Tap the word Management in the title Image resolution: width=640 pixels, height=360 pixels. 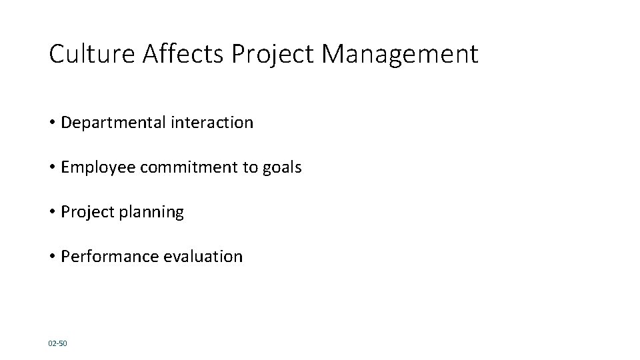click(400, 54)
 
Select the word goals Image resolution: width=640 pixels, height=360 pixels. click(281, 167)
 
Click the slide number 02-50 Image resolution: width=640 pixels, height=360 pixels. click(58, 343)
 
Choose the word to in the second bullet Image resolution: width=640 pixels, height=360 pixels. click(249, 167)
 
